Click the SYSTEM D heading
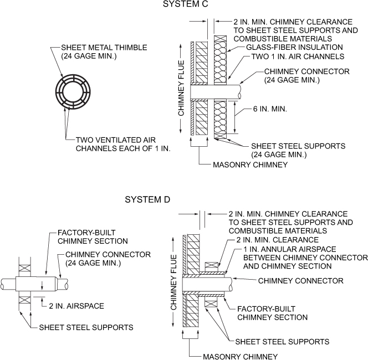point(147,199)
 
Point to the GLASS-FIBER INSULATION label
point(282,48)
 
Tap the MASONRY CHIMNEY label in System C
point(243,164)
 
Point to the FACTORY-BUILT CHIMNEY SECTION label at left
point(93,237)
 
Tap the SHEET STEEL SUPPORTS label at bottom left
point(86,327)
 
